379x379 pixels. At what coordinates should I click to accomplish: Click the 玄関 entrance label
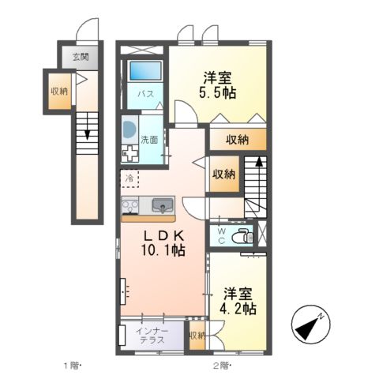pos(80,57)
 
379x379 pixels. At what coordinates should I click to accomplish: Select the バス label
pos(146,94)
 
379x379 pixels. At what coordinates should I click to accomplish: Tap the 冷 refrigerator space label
pos(129,179)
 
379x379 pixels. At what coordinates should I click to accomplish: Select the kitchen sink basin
pos(161,207)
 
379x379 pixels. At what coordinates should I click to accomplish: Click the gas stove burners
pos(129,207)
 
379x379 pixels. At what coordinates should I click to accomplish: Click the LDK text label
pos(163,235)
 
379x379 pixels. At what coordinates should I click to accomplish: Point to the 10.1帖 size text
pos(163,250)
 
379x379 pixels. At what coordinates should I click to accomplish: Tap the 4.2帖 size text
pos(238,310)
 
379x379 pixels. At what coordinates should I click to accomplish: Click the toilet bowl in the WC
pos(244,235)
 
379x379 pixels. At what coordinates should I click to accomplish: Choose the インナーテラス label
pos(150,335)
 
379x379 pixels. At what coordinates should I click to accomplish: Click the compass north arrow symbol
pos(310,321)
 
